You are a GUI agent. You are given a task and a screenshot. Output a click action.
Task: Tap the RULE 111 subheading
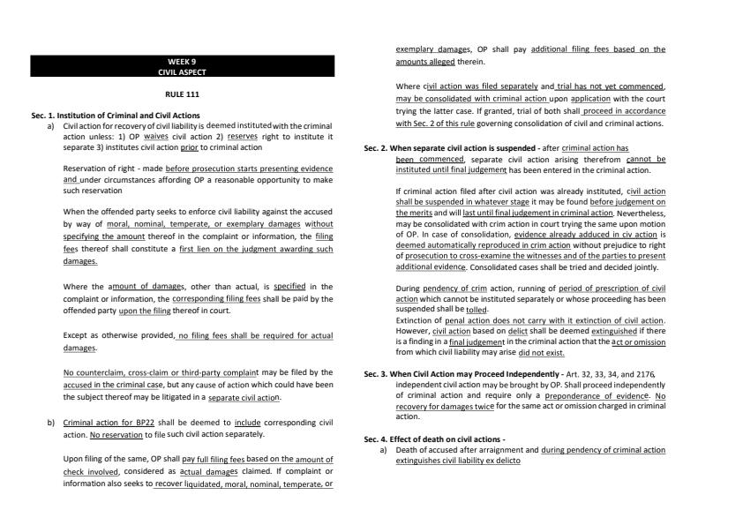pos(182,94)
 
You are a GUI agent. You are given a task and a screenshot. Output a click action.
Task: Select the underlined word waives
pos(156,136)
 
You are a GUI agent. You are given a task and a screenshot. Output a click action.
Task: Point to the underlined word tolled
pos(476,311)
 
